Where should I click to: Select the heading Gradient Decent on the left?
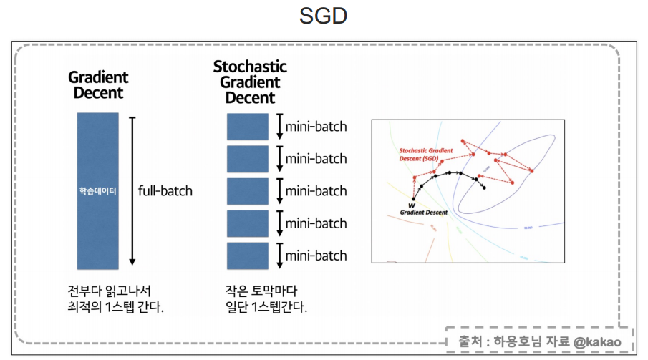coord(98,84)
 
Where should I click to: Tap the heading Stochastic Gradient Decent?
coord(250,82)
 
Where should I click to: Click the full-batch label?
coord(165,191)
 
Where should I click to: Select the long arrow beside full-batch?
coord(132,190)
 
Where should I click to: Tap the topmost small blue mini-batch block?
coord(247,127)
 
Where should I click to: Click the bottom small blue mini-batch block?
coord(247,256)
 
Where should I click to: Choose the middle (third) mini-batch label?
coord(316,191)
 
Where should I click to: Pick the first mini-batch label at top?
coord(316,127)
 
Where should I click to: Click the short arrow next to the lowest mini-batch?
coord(280,256)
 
